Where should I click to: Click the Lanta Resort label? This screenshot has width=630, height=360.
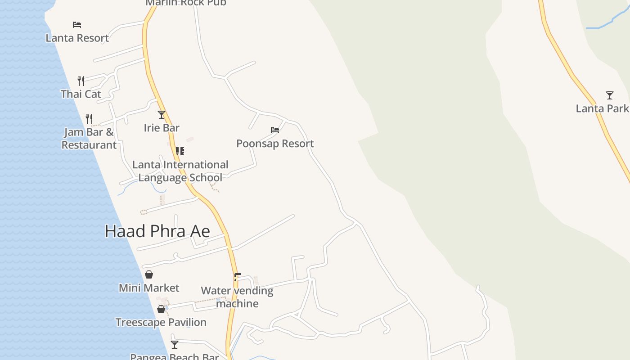click(x=77, y=38)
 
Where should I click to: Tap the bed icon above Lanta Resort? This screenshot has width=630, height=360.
click(x=77, y=24)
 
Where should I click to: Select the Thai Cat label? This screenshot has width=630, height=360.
click(x=81, y=94)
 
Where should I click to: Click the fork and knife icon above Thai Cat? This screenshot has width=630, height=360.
click(x=81, y=81)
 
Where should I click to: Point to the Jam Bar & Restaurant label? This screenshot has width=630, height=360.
click(x=89, y=139)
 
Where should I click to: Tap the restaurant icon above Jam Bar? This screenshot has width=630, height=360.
click(x=89, y=119)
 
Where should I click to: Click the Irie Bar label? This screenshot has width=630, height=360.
click(x=162, y=128)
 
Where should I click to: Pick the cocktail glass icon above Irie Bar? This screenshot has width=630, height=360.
click(x=162, y=115)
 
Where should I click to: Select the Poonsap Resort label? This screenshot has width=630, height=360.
click(x=275, y=144)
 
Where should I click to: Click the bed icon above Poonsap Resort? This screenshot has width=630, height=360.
click(x=275, y=130)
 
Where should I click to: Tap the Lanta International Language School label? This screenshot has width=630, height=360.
click(x=180, y=171)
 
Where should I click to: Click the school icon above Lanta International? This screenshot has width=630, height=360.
click(x=180, y=151)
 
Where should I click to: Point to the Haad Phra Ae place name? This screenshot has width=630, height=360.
click(x=157, y=231)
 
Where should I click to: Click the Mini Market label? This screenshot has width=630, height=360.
click(x=149, y=288)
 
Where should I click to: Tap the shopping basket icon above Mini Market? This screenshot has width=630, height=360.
click(x=149, y=274)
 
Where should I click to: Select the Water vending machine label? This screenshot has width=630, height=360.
click(x=237, y=297)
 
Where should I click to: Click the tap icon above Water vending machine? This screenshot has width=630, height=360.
click(x=237, y=277)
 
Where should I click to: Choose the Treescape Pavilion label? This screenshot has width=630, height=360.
click(x=161, y=322)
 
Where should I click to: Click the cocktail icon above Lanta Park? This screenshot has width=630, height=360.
click(x=610, y=95)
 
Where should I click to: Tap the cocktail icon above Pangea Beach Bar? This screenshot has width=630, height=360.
click(x=175, y=345)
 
